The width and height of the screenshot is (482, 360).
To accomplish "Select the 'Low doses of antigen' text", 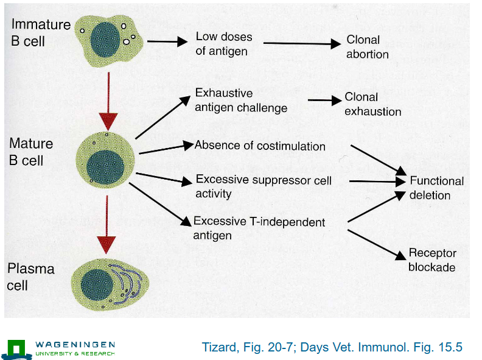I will (223, 44).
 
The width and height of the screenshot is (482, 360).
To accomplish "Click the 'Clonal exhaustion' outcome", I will (372, 104).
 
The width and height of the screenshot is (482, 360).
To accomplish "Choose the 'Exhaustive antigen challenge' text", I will (240, 101).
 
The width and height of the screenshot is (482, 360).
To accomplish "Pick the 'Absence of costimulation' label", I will (260, 146).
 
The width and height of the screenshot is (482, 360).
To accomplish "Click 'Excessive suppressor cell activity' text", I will (263, 187).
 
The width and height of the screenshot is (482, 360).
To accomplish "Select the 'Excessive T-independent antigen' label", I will (259, 228).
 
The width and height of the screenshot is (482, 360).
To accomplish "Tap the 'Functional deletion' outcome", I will (436, 188).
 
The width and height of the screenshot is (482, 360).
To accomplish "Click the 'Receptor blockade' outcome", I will (432, 260).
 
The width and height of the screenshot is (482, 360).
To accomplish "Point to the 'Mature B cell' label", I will (31, 152).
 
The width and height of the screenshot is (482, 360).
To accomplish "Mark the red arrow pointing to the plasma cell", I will (107, 228).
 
